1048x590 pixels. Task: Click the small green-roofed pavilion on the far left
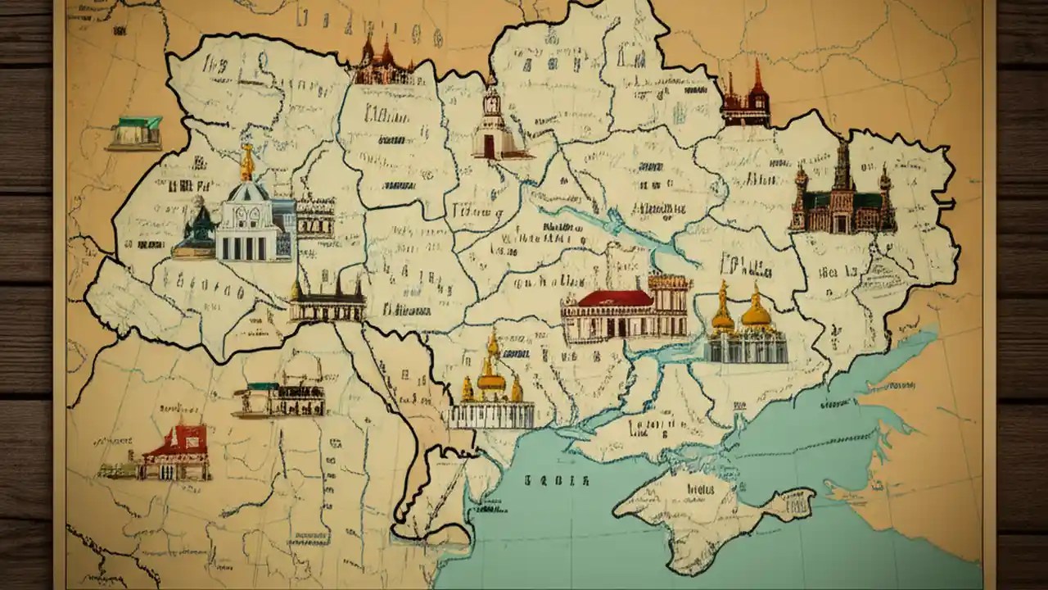coord(136,133)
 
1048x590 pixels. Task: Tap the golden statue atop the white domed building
coord(246,162)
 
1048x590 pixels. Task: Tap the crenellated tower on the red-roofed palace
coord(669,295)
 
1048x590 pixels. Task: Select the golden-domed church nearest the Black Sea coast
coord(491,389)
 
